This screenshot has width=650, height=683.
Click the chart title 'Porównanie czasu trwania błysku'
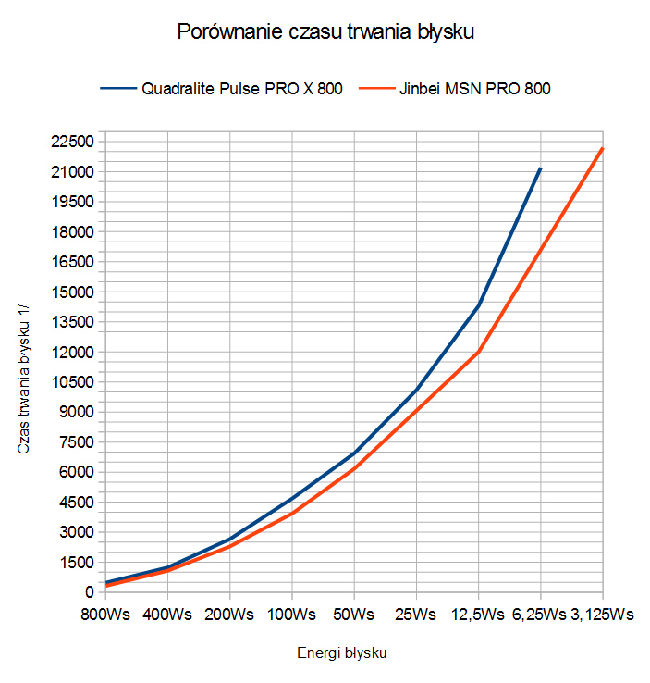pyautogui.click(x=325, y=32)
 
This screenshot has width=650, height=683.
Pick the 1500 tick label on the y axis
pyautogui.click(x=78, y=562)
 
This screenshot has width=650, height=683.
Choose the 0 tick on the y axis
pyautogui.click(x=89, y=592)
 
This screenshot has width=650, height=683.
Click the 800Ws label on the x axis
pyautogui.click(x=104, y=614)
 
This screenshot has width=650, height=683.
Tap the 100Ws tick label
pyautogui.click(x=291, y=614)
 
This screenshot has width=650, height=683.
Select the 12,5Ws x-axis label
pyautogui.click(x=478, y=614)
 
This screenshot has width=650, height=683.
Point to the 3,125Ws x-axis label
pyautogui.click(x=603, y=614)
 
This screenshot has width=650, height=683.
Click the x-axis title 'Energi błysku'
pyautogui.click(x=342, y=652)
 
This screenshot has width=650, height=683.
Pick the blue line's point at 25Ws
pyautogui.click(x=416, y=390)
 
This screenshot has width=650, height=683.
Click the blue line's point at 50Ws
pyautogui.click(x=354, y=453)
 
